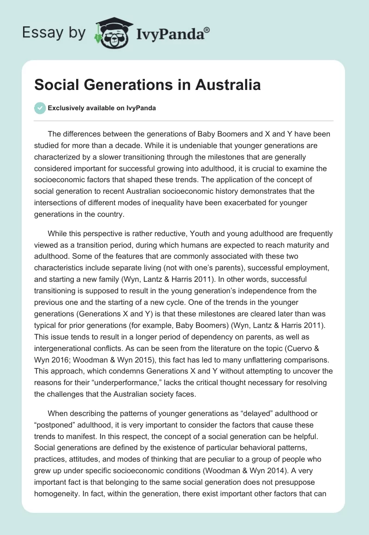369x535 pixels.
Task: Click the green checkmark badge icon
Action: [x=40, y=108]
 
